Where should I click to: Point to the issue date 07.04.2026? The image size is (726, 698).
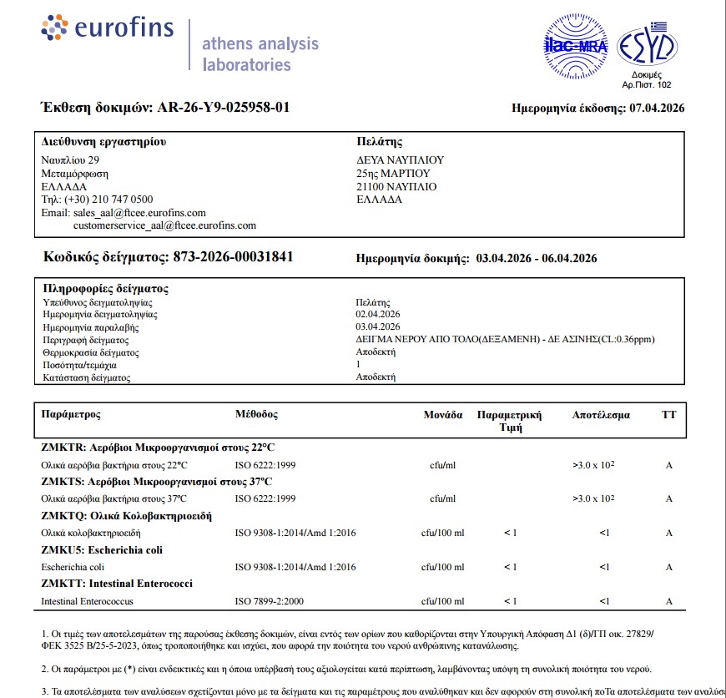[x=657, y=108]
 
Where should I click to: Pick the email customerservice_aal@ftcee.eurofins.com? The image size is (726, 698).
[x=164, y=225]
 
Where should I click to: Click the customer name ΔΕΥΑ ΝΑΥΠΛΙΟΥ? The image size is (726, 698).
[x=400, y=160]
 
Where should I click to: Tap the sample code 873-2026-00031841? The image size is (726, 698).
[x=233, y=257]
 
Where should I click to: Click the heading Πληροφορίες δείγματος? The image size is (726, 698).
[x=105, y=289]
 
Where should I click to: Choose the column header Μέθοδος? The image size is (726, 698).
[x=256, y=415]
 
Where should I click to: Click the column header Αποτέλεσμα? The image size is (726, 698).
[x=601, y=415]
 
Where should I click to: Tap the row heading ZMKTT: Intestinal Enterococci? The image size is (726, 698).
[x=117, y=584]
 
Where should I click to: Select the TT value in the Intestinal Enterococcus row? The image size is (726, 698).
[x=668, y=601]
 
